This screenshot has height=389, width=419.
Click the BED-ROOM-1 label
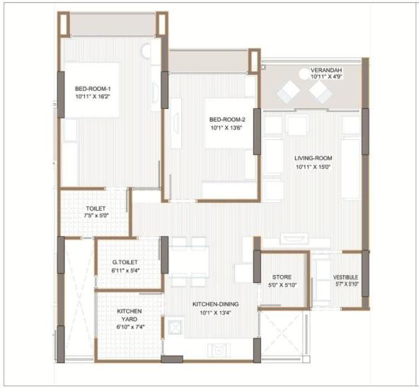(x=93, y=88)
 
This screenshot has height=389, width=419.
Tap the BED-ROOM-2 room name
(x=227, y=120)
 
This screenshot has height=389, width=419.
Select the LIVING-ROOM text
(x=313, y=158)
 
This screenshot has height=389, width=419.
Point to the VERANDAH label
(x=326, y=70)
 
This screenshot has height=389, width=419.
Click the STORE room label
(x=282, y=277)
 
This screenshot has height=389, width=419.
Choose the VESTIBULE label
(x=345, y=277)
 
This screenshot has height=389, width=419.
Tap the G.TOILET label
(x=125, y=262)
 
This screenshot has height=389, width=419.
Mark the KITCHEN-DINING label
(x=216, y=304)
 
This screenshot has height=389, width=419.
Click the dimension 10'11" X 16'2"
(x=93, y=97)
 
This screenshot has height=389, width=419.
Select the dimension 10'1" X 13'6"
(x=226, y=127)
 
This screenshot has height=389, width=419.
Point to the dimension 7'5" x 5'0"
(x=96, y=216)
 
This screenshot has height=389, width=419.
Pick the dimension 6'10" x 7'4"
(x=130, y=327)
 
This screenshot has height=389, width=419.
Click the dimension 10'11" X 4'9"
(x=326, y=76)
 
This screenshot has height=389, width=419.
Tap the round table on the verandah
(x=304, y=74)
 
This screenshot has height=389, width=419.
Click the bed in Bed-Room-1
(x=92, y=90)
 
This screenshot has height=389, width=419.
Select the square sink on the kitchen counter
(x=175, y=326)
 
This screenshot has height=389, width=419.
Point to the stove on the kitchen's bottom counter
(x=219, y=350)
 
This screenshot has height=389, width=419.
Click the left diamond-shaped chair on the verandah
(x=288, y=92)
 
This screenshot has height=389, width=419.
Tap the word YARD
(x=130, y=319)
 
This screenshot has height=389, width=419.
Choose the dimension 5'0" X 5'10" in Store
(x=282, y=285)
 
